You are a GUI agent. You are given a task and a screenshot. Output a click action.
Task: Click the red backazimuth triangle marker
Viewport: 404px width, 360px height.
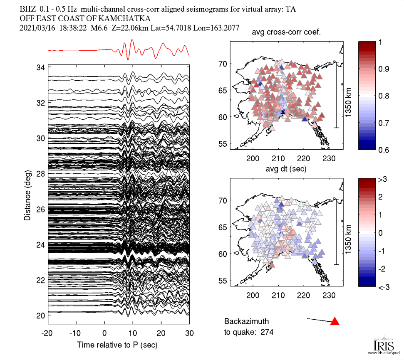point(335,321)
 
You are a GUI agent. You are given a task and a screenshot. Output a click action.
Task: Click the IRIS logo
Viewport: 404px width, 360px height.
point(381,346)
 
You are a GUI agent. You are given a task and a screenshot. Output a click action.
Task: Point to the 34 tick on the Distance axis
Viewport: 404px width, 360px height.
point(40,67)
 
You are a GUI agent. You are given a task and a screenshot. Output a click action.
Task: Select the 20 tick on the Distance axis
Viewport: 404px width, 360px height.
point(40,315)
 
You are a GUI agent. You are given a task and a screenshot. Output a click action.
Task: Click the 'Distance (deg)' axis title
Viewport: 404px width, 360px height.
point(27,192)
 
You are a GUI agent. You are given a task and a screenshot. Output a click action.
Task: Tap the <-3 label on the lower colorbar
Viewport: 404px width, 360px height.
point(384,287)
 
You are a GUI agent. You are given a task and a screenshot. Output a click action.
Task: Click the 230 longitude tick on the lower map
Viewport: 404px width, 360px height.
point(329,296)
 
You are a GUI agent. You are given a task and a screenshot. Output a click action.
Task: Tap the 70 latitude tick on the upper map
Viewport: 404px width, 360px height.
point(224,63)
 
